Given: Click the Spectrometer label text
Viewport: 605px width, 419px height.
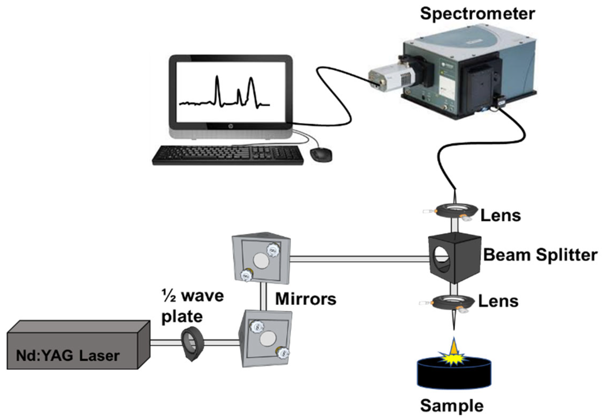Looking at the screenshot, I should coord(477,14).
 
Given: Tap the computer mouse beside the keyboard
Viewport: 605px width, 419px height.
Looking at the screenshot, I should coord(321,155).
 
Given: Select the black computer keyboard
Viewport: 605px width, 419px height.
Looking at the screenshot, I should coord(228,155).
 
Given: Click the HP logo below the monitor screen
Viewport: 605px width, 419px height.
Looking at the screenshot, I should coord(230,126).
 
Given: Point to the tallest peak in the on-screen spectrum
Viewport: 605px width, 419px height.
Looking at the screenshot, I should coord(217,77).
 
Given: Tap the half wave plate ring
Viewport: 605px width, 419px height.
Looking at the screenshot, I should coord(192,343).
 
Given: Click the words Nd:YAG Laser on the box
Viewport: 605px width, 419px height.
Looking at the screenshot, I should coord(68,356).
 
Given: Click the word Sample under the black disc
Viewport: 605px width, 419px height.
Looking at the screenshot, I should coord(452,406).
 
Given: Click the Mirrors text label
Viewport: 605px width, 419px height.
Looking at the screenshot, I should coord(306,299).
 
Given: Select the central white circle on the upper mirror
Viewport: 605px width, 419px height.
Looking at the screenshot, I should coord(261,260).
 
